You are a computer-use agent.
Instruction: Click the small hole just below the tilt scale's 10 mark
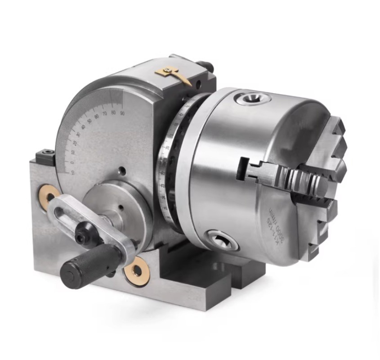(x=121, y=171)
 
